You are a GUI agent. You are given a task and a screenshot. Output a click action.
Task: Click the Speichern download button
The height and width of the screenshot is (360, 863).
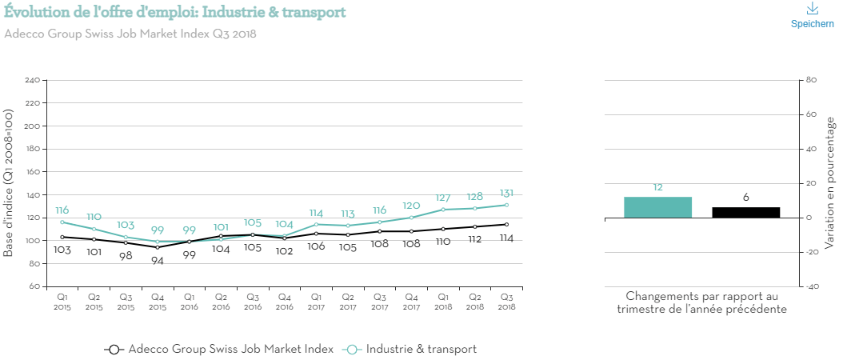click(x=812, y=15)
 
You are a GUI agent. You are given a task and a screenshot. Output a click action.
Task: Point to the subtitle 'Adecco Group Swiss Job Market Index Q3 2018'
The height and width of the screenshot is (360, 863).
click(x=130, y=34)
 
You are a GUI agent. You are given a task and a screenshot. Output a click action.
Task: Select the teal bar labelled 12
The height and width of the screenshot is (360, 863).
click(x=657, y=207)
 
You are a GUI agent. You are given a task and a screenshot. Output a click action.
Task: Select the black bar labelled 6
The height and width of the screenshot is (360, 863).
click(x=745, y=212)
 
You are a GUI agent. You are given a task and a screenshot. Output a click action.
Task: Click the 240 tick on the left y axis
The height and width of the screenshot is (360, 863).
click(x=33, y=81)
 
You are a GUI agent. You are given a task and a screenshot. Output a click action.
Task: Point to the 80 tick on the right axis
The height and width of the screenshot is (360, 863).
click(x=810, y=81)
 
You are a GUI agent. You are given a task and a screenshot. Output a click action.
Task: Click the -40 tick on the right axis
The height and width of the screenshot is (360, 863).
click(x=810, y=286)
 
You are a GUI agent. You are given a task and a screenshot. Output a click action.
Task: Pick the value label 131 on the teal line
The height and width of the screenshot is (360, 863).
click(x=505, y=193)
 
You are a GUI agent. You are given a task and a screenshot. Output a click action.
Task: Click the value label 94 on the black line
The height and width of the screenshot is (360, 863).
click(x=157, y=261)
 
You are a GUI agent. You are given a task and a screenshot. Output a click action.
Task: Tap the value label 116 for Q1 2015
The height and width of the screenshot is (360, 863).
click(x=62, y=210)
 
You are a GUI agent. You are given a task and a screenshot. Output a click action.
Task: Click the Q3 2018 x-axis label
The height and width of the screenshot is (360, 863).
click(x=505, y=301)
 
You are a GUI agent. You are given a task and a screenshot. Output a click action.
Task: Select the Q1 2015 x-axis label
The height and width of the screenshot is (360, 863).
click(x=62, y=301)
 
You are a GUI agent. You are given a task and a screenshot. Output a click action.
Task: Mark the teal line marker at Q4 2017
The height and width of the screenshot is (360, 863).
click(x=411, y=218)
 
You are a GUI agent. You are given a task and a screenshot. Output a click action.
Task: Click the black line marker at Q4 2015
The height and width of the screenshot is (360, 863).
click(x=157, y=247)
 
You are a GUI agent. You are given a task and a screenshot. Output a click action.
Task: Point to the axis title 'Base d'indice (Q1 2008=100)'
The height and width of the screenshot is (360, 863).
click(x=9, y=183)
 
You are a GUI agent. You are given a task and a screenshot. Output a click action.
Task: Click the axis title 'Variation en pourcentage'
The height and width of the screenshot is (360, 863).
click(x=830, y=183)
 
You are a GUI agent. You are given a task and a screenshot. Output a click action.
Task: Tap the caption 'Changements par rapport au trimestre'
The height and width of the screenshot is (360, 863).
click(x=702, y=302)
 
